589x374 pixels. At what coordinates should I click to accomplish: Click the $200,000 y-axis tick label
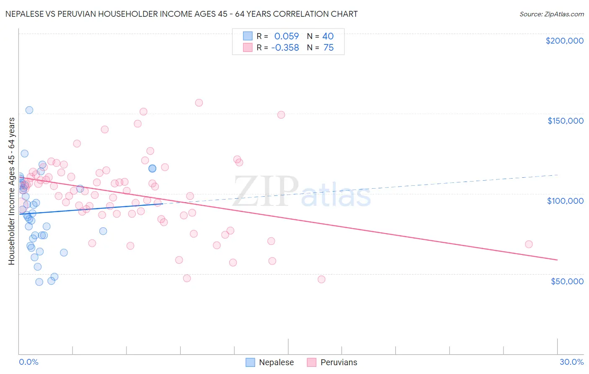(x=564, y=41)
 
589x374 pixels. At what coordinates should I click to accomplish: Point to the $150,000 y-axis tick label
(x=565, y=121)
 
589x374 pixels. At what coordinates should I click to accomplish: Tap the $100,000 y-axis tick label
(x=565, y=201)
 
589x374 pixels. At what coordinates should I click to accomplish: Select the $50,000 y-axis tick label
(x=567, y=281)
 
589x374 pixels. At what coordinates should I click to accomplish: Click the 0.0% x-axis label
(x=28, y=362)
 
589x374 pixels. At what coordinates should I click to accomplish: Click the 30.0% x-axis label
(x=571, y=362)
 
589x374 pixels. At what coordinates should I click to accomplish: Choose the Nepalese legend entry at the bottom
(x=269, y=362)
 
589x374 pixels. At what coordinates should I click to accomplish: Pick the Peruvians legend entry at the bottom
(x=332, y=362)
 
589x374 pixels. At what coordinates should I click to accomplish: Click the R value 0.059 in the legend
(x=287, y=36)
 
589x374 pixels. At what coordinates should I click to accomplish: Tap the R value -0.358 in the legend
(x=285, y=48)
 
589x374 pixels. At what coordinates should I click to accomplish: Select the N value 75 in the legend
(x=328, y=48)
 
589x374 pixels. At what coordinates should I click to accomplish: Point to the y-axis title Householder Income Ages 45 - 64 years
(x=12, y=191)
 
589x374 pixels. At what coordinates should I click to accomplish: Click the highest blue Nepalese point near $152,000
(x=29, y=110)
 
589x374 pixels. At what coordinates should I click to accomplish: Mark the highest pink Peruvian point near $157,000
(x=199, y=103)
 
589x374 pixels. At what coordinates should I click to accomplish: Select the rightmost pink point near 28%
(x=529, y=244)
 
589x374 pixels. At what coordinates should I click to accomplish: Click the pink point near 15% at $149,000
(x=281, y=115)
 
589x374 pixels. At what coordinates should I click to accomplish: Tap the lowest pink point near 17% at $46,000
(x=321, y=279)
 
